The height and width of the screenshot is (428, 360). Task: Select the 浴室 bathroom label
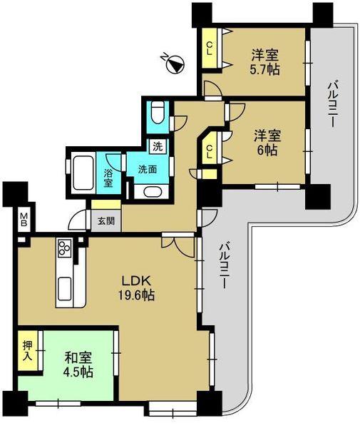coord(108,178)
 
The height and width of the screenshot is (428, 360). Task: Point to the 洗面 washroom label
coord(148,170)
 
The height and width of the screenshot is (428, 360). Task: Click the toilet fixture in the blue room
coord(158,113)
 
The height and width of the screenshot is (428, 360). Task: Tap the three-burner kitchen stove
coord(65,249)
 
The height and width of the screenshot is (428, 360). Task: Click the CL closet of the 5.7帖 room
coord(210,49)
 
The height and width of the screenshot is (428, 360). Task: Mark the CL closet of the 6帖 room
coord(211,152)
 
